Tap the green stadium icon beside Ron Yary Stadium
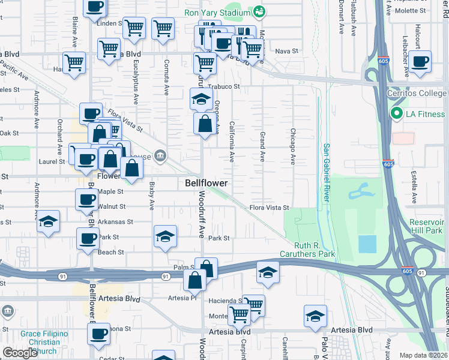[259, 11]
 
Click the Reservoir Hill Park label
[426, 226]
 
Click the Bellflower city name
[205, 182]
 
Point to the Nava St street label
[287, 52]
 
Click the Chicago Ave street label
[293, 147]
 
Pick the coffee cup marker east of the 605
[420, 61]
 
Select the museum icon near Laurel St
[160, 156]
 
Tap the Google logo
[20, 353]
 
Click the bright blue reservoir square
[367, 244]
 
